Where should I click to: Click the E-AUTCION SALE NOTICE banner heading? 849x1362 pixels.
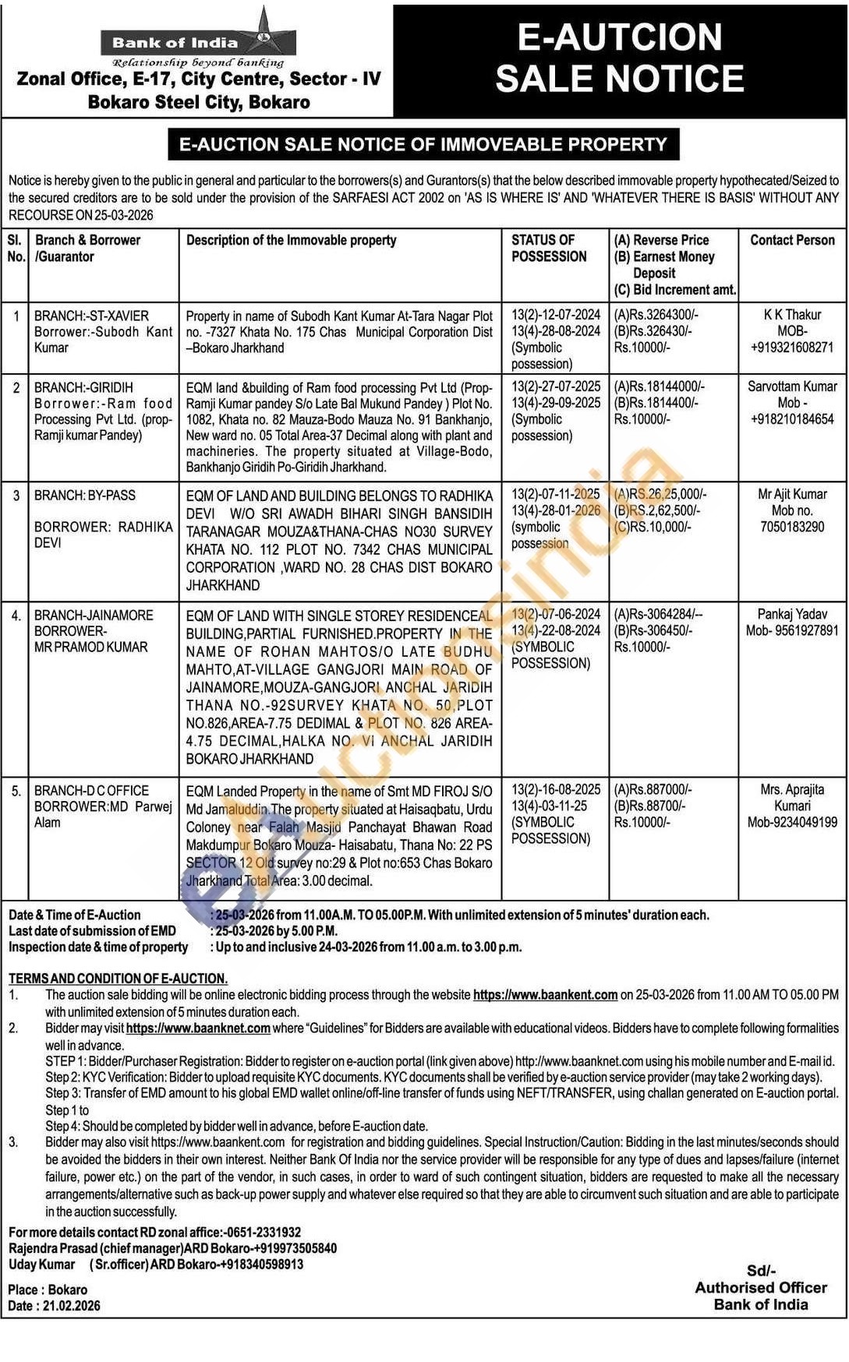[620, 58]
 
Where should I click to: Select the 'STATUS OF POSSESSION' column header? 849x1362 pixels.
[549, 249]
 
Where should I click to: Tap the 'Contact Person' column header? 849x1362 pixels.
[792, 240]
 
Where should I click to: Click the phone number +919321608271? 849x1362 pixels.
[792, 348]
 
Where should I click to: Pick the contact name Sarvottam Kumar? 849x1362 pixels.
[792, 386]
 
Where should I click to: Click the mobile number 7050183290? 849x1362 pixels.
[792, 527]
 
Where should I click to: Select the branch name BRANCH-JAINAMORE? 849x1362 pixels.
[94, 615]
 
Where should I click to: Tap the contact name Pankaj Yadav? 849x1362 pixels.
[792, 614]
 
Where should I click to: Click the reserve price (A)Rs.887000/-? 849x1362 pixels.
[653, 789]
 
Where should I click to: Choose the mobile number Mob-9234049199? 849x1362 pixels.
[792, 822]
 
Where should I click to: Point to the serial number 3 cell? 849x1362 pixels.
[16, 495]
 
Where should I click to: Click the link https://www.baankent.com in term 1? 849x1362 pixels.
[545, 995]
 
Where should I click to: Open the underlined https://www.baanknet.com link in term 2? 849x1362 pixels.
[198, 1029]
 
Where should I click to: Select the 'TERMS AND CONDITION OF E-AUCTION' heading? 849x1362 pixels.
[118, 979]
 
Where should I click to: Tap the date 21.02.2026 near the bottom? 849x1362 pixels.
[72, 1306]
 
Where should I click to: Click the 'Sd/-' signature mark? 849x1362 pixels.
[761, 1271]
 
